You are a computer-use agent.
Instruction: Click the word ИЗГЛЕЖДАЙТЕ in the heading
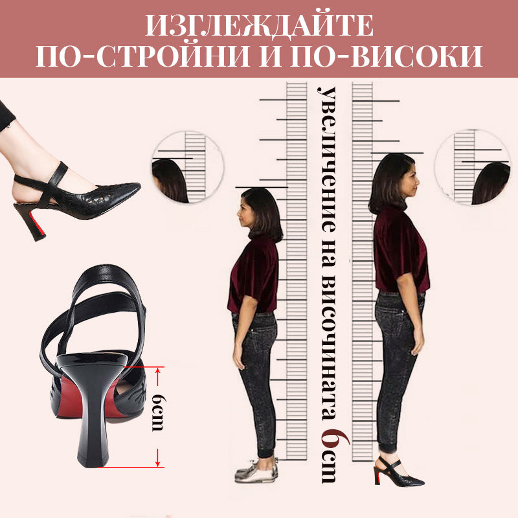pyautogui.click(x=260, y=25)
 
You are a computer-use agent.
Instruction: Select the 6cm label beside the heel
pyautogui.click(x=157, y=412)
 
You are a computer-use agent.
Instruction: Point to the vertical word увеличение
pyautogui.click(x=327, y=159)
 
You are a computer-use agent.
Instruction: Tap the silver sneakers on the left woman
pyautogui.click(x=256, y=471)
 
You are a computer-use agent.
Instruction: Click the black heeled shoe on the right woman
pyautogui.click(x=398, y=471)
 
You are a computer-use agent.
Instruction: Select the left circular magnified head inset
pyautogui.click(x=188, y=167)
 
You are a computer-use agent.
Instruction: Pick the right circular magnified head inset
pyautogui.click(x=473, y=168)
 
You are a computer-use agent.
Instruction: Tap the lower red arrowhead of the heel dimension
pyautogui.click(x=158, y=462)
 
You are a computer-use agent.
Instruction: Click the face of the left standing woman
pyautogui.click(x=243, y=212)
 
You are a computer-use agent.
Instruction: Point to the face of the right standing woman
pyautogui.click(x=412, y=181)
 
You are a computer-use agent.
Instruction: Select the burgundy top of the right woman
pyautogui.click(x=401, y=251)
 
